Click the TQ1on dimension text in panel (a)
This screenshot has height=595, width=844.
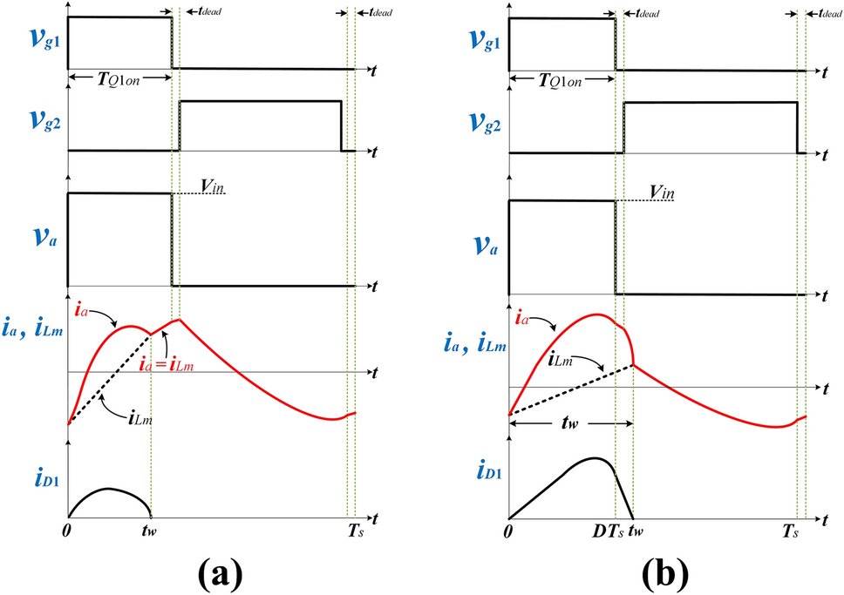122,78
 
